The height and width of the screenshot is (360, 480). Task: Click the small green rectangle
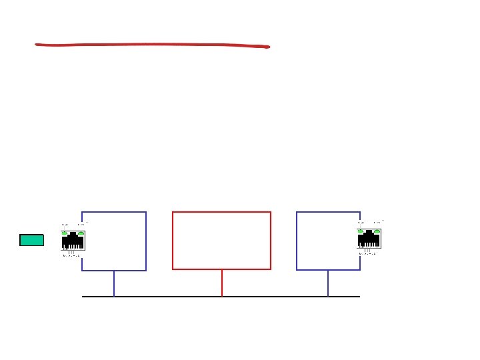[x=31, y=240]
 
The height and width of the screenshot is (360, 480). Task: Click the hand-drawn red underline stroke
[x=152, y=45]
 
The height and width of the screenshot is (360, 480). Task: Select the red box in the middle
[x=221, y=240]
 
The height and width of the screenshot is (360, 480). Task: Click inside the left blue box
[x=117, y=240]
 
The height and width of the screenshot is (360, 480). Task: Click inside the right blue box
[x=327, y=240]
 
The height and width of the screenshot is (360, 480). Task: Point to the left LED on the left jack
[x=65, y=233]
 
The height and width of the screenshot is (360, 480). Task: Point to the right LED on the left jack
[x=81, y=233]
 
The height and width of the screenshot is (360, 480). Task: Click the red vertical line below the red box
[x=222, y=283]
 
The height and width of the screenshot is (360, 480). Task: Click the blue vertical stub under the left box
[x=114, y=283]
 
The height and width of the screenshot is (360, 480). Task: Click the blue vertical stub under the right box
[x=328, y=283]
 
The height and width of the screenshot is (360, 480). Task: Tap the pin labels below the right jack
[x=368, y=254]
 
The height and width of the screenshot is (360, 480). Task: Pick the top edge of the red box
[x=221, y=212]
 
